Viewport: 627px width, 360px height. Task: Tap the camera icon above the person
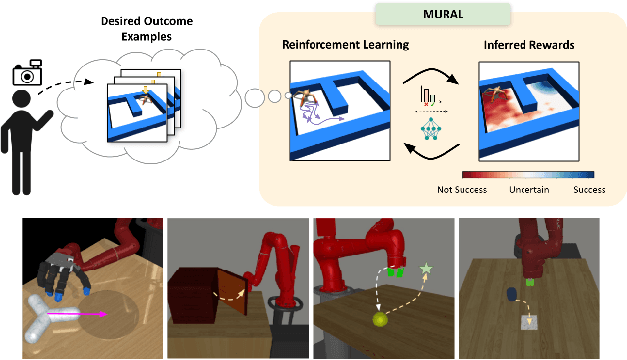click(x=26, y=73)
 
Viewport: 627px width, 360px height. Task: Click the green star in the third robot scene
click(x=427, y=269)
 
